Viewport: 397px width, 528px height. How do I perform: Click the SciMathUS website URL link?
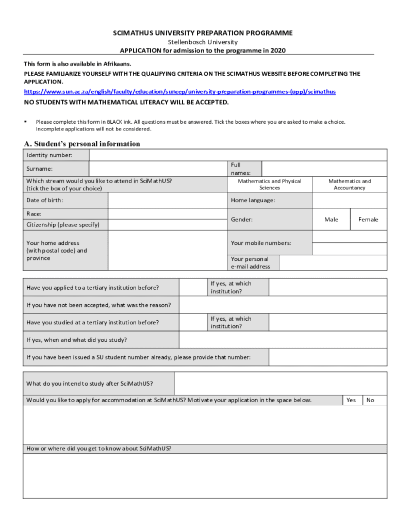point(180,92)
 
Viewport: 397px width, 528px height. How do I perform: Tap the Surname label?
point(40,169)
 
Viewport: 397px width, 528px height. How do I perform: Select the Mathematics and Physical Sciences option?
point(269,185)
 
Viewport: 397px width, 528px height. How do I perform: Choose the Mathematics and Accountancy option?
point(349,185)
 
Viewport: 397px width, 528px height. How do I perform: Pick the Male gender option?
point(331,220)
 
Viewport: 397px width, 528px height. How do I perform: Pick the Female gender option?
point(368,220)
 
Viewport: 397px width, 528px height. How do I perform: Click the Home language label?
point(253,200)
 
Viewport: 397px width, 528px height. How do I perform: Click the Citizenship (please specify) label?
point(63,225)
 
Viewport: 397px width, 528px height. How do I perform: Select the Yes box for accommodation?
point(351,400)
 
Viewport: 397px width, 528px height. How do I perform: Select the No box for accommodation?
point(370,400)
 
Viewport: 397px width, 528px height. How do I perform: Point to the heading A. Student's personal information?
point(82,144)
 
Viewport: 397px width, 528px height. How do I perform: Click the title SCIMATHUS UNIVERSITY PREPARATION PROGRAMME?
point(203,33)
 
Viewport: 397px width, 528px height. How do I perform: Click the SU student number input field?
point(327,357)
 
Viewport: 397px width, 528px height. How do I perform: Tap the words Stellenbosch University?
point(203,42)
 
